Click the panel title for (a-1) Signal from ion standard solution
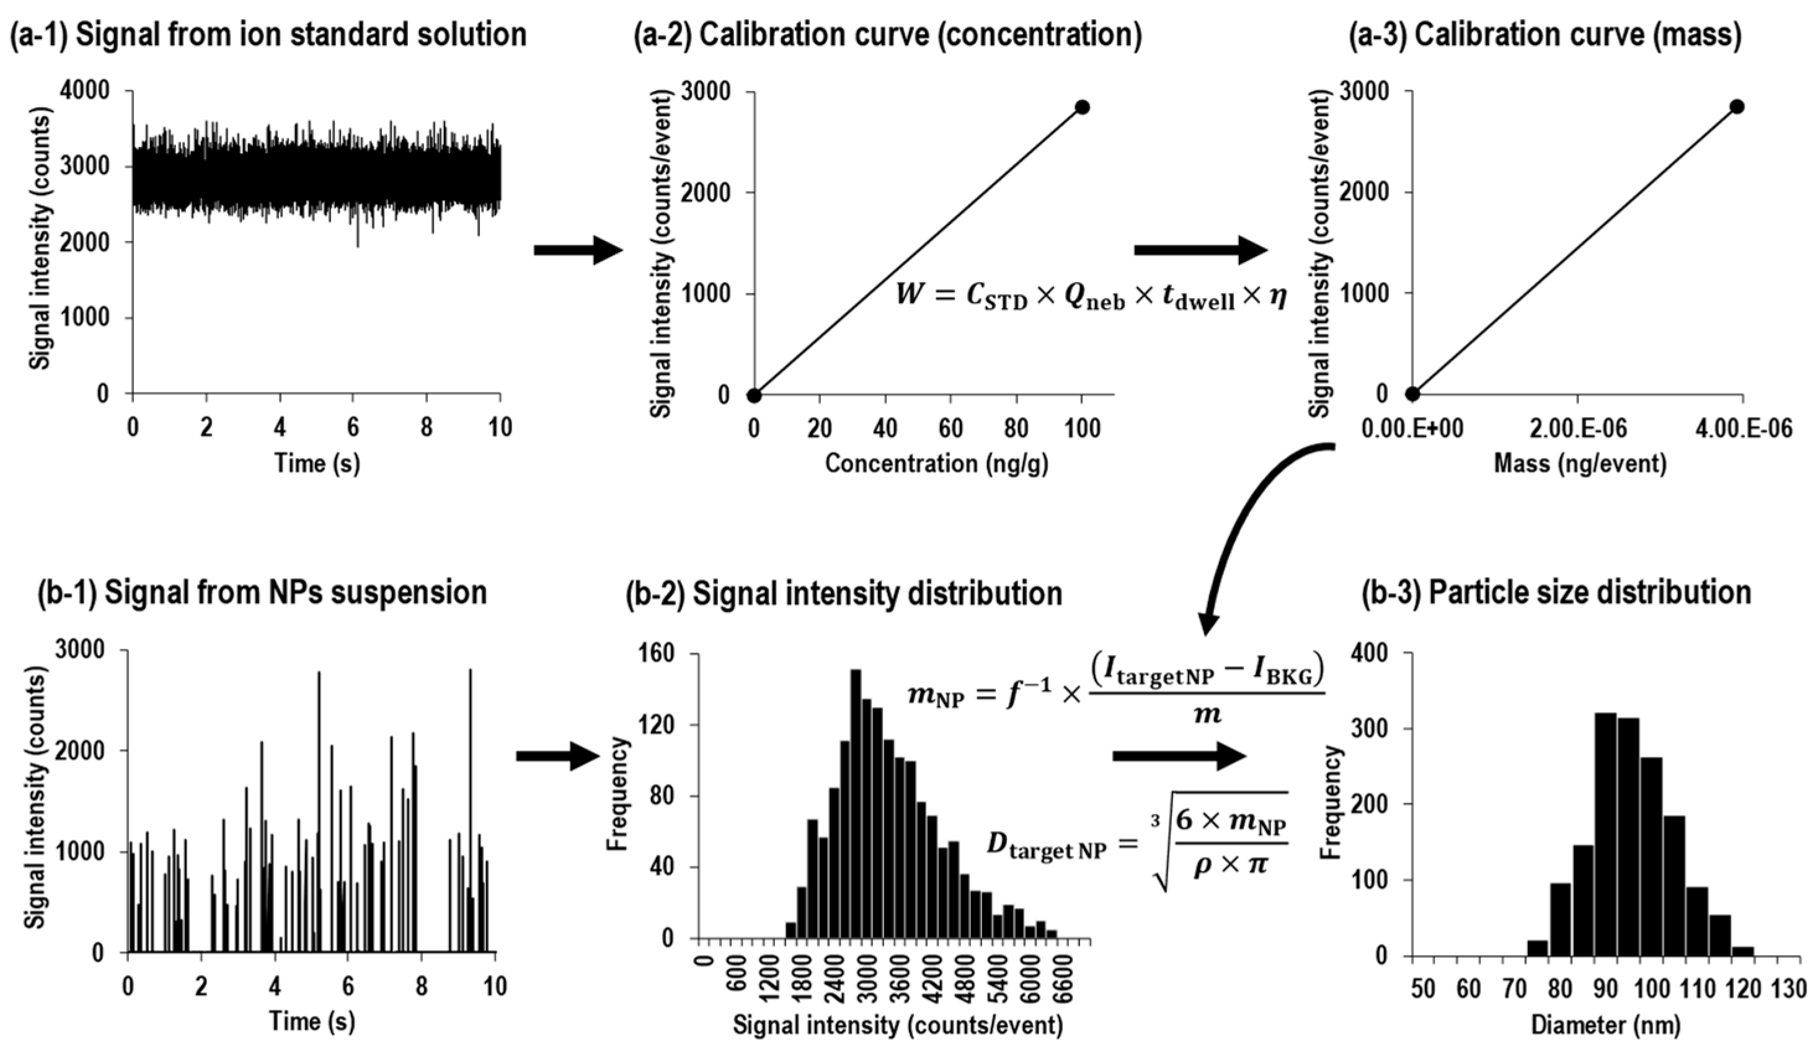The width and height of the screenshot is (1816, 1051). click(267, 35)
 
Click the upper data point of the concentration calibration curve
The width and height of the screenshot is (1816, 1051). click(1082, 107)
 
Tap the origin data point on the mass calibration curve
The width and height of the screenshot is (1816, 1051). click(1412, 394)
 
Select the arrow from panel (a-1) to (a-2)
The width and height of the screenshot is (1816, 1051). click(577, 250)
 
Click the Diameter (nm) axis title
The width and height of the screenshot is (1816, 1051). click(1605, 1024)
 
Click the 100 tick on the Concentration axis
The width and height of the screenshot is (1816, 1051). click(1082, 429)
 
